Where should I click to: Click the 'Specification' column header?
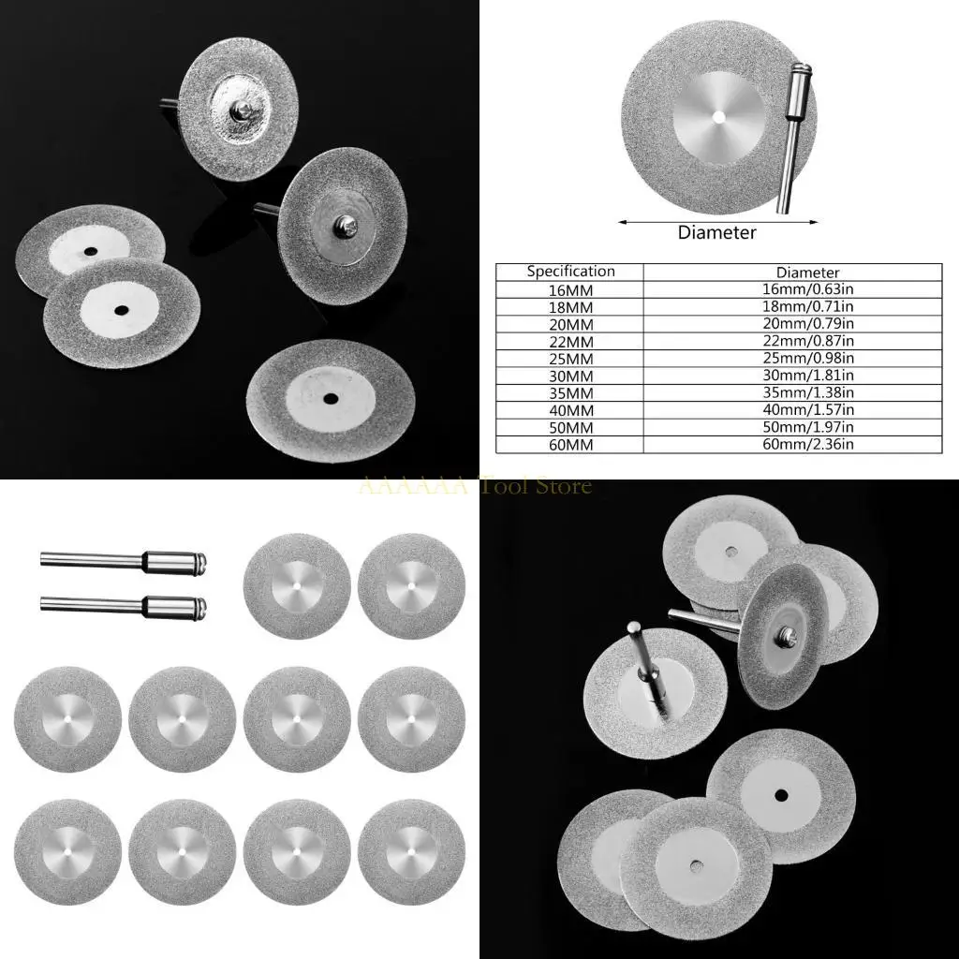click(570, 272)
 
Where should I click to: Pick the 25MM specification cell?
click(570, 358)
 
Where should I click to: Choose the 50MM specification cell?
click(570, 427)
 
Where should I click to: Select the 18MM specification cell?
click(570, 306)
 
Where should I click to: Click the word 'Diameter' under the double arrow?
click(716, 232)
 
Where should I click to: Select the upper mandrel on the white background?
click(122, 562)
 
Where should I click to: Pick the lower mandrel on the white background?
click(122, 604)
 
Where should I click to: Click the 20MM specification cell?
click(570, 323)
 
